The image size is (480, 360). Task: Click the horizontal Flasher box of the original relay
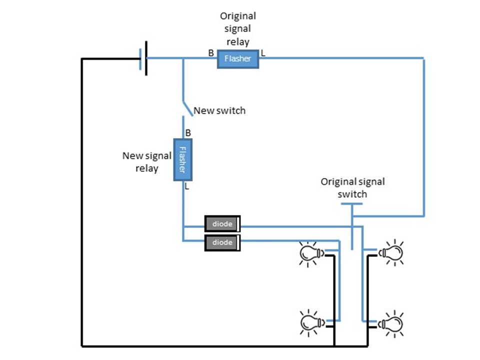click(x=237, y=59)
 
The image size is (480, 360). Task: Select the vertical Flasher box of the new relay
click(x=182, y=160)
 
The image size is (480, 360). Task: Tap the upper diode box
click(x=222, y=224)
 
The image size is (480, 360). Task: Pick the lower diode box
click(x=222, y=242)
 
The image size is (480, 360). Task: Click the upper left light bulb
click(x=310, y=253)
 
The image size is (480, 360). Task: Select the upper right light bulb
click(x=391, y=253)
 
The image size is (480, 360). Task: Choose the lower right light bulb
click(x=391, y=323)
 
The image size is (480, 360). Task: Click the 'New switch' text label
click(x=219, y=110)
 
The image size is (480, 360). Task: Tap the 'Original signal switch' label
click(x=352, y=188)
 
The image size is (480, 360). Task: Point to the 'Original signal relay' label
click(x=237, y=29)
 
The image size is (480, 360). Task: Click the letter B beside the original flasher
click(x=211, y=52)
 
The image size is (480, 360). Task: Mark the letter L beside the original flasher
click(x=263, y=52)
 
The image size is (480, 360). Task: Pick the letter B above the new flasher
click(x=188, y=133)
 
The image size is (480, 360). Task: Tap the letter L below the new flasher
click(x=187, y=186)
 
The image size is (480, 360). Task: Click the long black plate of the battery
click(x=146, y=58)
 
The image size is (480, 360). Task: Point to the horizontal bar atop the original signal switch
click(x=352, y=203)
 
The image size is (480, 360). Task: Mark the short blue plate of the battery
click(x=140, y=58)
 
